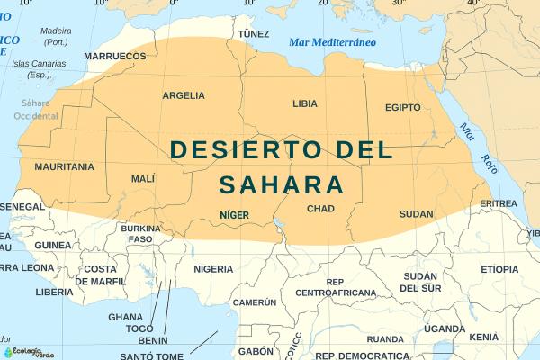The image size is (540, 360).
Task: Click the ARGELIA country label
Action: [183, 95]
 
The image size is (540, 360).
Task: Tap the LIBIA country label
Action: [305, 103]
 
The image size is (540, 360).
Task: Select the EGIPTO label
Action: [402, 107]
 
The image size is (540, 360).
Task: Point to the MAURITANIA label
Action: [64, 166]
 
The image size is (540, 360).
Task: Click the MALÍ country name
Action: [143, 179]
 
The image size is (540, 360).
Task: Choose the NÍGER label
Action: [234, 215]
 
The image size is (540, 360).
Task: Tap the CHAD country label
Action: [320, 209]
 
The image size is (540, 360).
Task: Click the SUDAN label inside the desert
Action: [416, 214]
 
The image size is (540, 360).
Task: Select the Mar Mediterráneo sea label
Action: [332, 43]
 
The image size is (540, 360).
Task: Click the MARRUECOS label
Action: [114, 56]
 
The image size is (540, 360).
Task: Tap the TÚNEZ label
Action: [253, 34]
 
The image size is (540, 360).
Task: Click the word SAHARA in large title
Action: [282, 184]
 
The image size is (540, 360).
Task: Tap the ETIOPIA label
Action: [499, 269]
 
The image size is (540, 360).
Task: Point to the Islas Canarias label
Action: [39, 68]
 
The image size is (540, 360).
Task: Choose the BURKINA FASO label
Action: [139, 234]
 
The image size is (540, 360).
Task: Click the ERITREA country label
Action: [499, 203]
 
